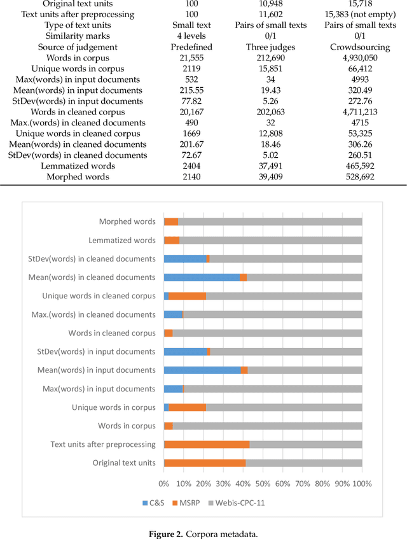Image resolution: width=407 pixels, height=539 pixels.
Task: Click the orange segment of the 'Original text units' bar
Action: click(205, 463)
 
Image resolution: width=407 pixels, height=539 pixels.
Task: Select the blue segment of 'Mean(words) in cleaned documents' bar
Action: click(202, 277)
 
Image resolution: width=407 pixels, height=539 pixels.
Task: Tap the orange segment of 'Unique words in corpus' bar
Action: click(187, 407)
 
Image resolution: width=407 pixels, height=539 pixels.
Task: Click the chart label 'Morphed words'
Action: click(127, 221)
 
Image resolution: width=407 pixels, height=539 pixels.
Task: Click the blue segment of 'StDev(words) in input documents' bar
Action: click(185, 351)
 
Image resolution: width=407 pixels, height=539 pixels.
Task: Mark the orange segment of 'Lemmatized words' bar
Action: click(172, 240)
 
